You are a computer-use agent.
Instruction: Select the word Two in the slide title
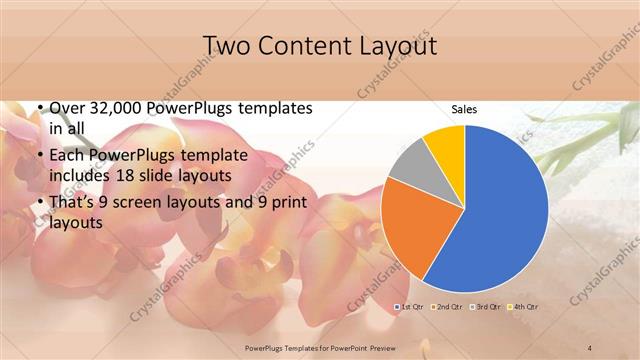[227, 46]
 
